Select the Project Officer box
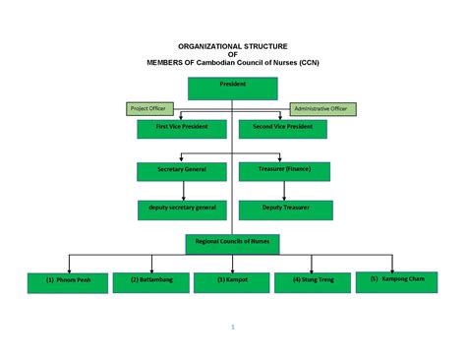(x=147, y=108)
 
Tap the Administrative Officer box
(x=321, y=108)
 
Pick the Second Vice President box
(x=283, y=129)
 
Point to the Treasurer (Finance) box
(x=283, y=172)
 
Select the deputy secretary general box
(x=183, y=210)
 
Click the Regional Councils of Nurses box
(x=233, y=243)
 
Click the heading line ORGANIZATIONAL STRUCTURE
(x=232, y=46)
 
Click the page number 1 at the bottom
(x=232, y=327)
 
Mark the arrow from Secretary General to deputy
(x=183, y=191)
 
